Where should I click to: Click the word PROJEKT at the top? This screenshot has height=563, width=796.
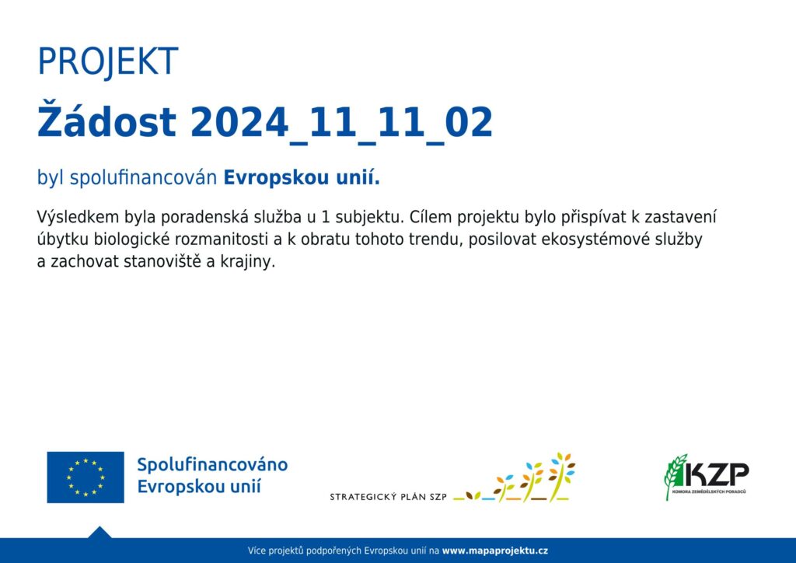point(107,62)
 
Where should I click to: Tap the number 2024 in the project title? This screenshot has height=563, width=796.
point(239,122)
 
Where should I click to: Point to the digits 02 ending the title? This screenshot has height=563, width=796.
point(469,122)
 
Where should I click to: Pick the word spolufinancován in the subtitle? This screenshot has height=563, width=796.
point(143,178)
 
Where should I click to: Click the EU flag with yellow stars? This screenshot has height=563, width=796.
point(86,477)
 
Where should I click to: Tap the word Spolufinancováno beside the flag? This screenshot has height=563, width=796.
point(212,464)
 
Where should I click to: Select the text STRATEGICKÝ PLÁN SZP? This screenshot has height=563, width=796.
point(389,496)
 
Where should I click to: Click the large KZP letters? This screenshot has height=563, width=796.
point(716,474)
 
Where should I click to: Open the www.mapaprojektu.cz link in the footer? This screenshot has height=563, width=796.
point(495,551)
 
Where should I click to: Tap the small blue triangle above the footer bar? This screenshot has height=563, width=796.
point(99,533)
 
